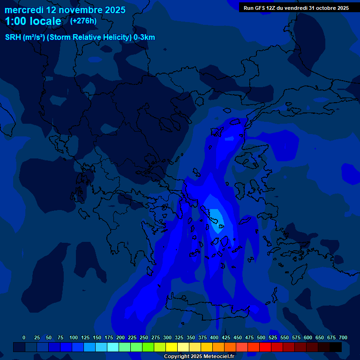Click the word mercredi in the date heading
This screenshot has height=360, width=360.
24,10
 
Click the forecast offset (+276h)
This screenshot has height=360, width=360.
83,21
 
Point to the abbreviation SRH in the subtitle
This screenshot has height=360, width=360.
13,37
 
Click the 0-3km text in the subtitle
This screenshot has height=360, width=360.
144,37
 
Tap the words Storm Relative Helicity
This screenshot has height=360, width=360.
89,37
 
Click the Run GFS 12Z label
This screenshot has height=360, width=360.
259,8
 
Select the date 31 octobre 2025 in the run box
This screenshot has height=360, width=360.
329,8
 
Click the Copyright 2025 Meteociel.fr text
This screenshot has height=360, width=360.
199,357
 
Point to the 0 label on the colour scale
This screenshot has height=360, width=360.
24,338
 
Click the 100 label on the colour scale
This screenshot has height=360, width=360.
74,338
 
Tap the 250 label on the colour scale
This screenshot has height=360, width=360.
144,338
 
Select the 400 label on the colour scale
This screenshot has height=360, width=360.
214,338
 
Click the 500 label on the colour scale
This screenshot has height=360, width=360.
261,338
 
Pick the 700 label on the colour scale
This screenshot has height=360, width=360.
343,338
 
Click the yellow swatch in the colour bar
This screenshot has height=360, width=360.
172,347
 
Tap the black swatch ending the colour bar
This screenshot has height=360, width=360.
336,347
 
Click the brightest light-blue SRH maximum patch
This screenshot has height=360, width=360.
215,218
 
